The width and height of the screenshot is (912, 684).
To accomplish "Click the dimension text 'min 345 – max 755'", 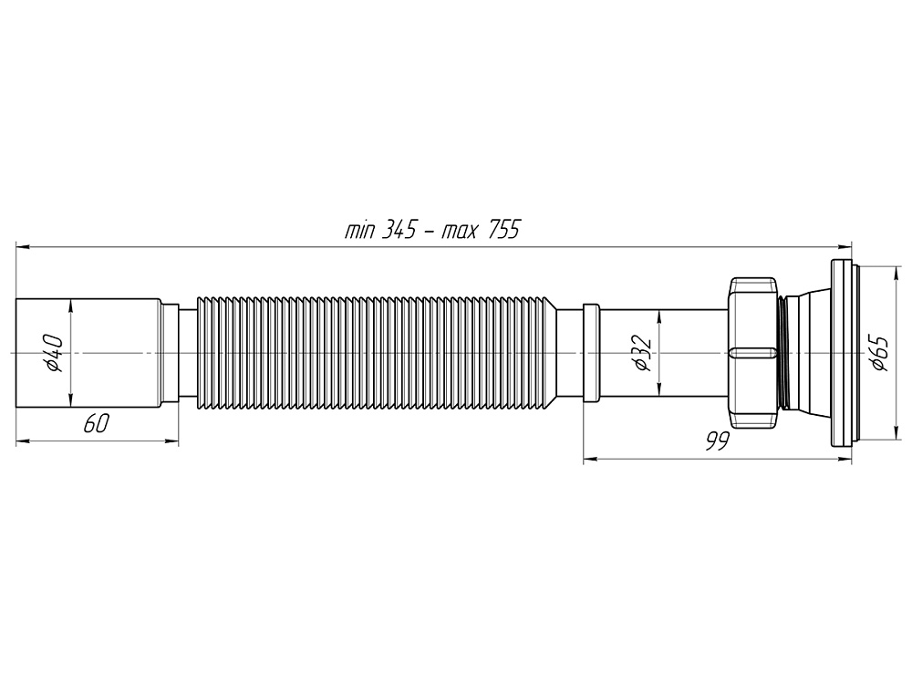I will pyautogui.click(x=431, y=230).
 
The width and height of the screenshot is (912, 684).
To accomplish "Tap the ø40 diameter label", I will pyautogui.click(x=54, y=352).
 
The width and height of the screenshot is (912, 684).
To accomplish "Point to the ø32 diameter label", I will pyautogui.click(x=640, y=352).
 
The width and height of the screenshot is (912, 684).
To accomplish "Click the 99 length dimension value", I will pyautogui.click(x=717, y=441).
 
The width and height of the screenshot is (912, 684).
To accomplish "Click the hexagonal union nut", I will pyautogui.click(x=751, y=352).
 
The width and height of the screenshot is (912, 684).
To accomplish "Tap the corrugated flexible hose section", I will pyautogui.click(x=374, y=352).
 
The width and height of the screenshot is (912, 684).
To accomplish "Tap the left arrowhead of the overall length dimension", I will pyautogui.click(x=21, y=246).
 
